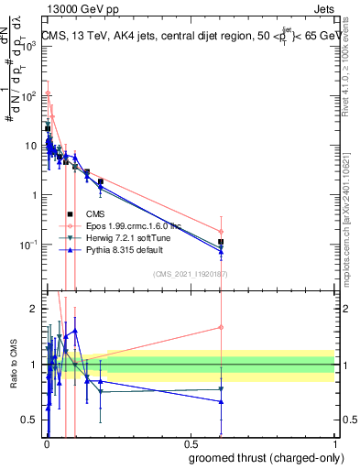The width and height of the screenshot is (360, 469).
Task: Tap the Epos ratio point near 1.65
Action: pos(221,327)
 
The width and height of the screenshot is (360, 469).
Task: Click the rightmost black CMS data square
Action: pos(221,243)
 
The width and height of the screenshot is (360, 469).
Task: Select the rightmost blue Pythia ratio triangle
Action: pos(221,401)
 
